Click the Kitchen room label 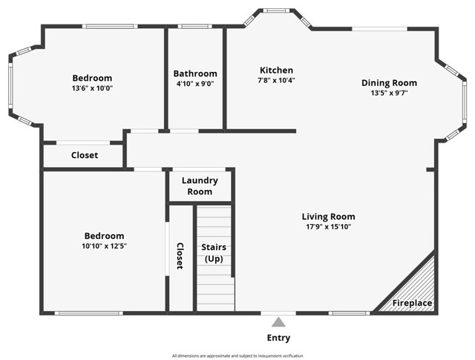(276, 71)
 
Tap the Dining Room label (389, 83)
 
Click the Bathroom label (195, 73)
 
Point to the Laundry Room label (200, 186)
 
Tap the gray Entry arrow (278, 322)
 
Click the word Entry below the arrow (278, 338)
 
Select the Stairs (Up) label (214, 252)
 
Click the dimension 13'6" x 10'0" (92, 88)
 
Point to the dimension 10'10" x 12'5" (104, 246)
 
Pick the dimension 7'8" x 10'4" (276, 80)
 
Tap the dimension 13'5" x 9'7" (389, 93)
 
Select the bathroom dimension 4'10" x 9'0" (195, 84)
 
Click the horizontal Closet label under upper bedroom (84, 155)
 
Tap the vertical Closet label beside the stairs (180, 256)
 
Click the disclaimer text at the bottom (237, 356)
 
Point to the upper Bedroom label (92, 78)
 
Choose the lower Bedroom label (104, 236)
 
